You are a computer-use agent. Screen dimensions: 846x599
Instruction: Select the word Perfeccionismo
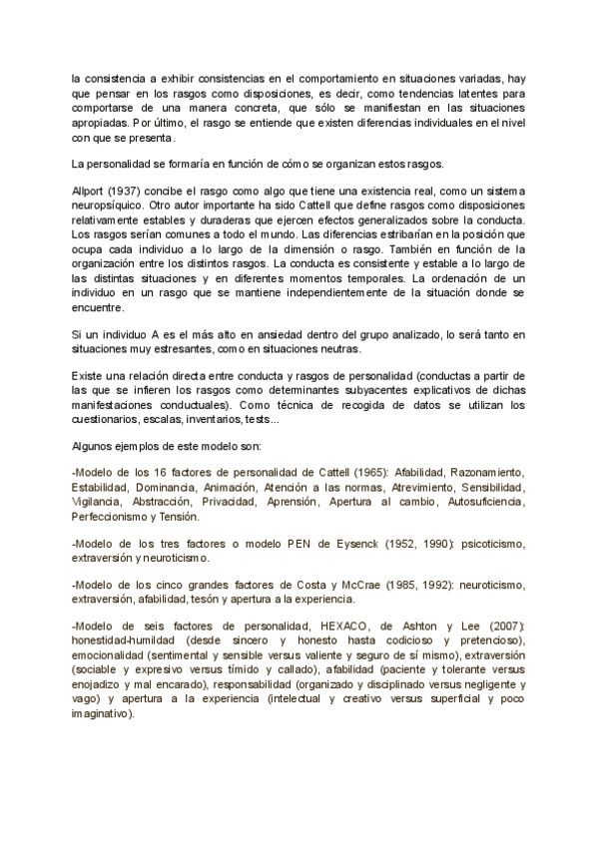(x=117, y=518)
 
